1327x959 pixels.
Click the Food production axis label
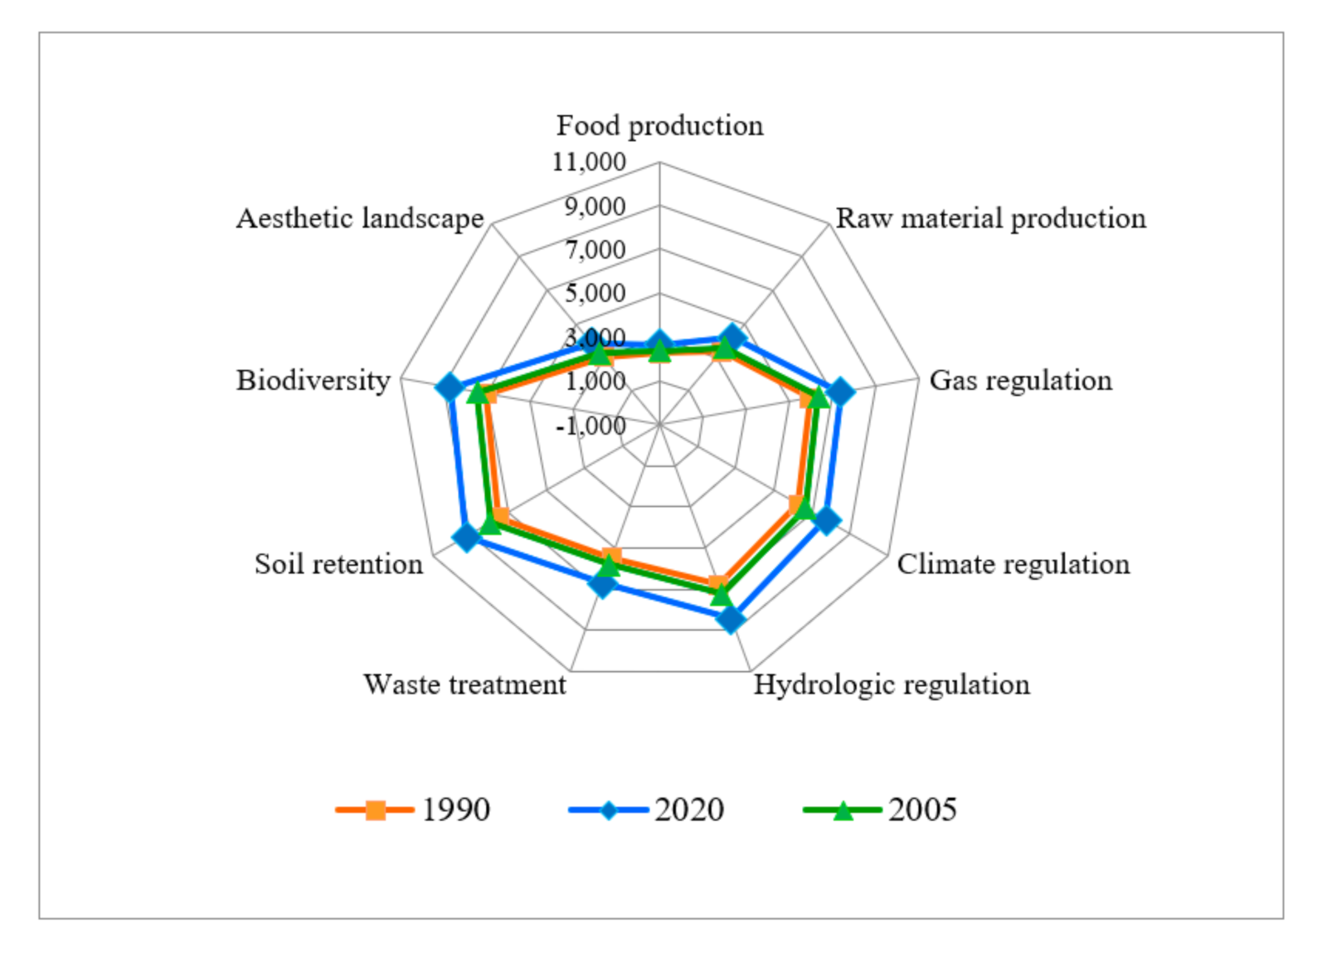pos(659,125)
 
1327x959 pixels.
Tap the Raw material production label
pos(990,218)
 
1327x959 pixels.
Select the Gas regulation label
pos(1020,380)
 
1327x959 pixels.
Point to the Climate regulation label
pos(1013,564)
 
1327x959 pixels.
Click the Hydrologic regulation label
pos(892,684)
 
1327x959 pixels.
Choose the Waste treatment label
pos(464,684)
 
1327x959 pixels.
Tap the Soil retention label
pos(338,564)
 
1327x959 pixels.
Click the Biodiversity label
pos(313,380)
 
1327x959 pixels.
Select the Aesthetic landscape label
pos(359,218)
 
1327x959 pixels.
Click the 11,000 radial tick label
pos(589,162)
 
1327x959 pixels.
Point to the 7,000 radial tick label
pos(595,249)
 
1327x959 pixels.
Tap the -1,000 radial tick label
pos(591,426)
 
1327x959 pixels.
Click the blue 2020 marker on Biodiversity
pos(449,387)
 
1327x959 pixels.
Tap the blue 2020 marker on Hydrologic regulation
pos(731,620)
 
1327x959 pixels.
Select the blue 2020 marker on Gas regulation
pos(840,392)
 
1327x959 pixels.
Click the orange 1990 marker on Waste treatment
pos(612,557)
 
